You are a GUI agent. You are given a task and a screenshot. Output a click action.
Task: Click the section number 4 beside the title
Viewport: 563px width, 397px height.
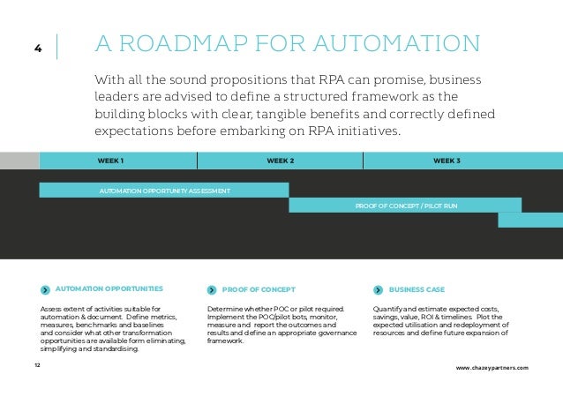38,49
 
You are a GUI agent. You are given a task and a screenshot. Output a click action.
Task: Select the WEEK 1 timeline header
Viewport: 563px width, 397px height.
110,161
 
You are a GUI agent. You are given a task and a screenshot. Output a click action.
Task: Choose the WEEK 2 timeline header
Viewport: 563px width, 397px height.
280,161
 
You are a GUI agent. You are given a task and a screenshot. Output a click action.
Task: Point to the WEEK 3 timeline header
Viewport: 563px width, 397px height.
447,161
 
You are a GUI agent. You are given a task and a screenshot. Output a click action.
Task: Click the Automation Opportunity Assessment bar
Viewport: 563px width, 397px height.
164,191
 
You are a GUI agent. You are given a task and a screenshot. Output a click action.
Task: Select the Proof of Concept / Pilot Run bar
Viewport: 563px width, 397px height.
405,206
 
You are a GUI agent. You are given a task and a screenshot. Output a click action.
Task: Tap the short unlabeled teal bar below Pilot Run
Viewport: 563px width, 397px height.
529,221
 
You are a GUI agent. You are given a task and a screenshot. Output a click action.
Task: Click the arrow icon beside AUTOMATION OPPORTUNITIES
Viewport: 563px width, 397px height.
45,289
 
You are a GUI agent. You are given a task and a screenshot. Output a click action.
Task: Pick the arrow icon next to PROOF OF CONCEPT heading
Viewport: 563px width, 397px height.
212,289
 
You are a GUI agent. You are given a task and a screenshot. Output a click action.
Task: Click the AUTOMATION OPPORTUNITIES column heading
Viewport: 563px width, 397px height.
109,288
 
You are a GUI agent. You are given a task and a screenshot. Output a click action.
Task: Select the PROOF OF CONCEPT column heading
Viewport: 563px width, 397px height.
259,289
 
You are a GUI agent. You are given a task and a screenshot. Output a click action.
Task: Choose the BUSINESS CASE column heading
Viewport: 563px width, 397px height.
417,289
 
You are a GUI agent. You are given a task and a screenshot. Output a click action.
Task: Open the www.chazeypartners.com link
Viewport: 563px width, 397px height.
492,366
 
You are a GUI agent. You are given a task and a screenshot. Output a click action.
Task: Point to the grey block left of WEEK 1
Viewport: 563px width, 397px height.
19,161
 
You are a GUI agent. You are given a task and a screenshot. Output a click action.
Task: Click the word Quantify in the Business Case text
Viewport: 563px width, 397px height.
381,308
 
